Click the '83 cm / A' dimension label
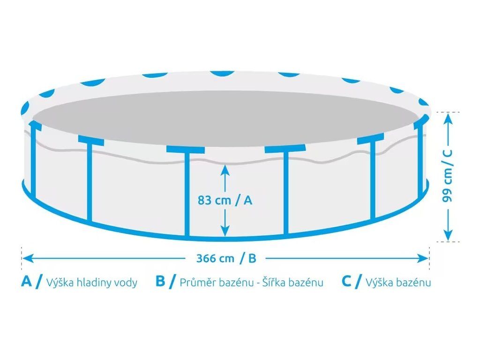click(225, 200)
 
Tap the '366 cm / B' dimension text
click(226, 258)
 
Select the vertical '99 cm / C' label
click(449, 176)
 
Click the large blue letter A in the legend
click(27, 281)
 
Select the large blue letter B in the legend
click(161, 281)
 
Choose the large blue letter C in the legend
click(346, 281)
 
